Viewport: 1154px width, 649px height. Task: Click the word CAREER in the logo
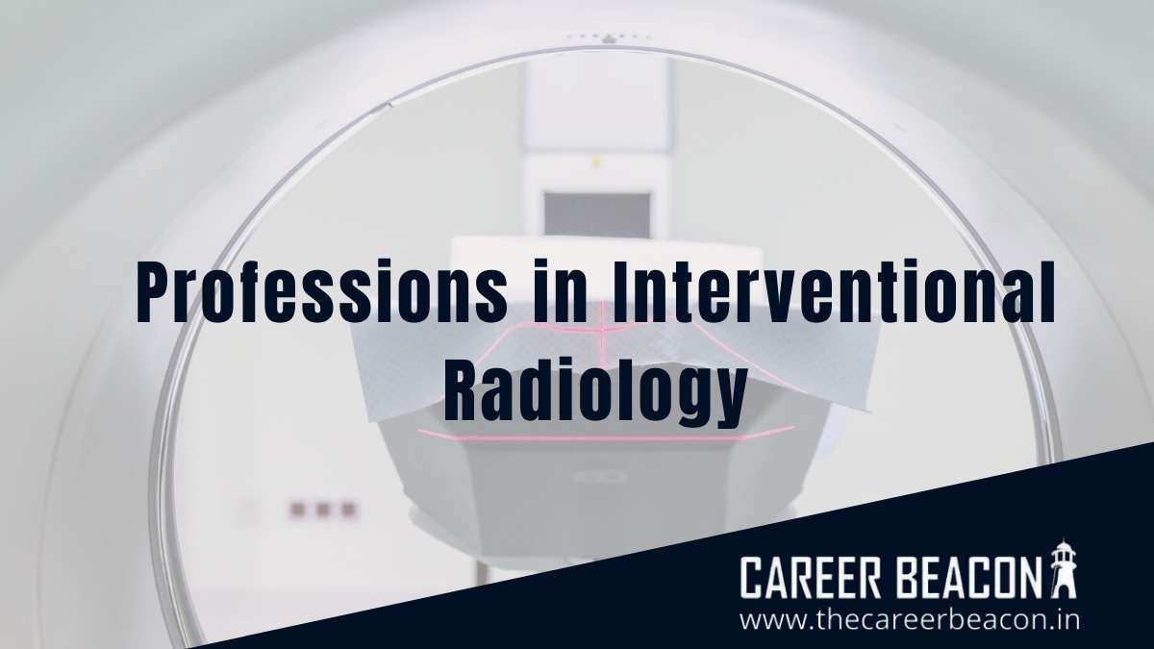click(812, 579)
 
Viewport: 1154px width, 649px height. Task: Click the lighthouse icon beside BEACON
click(1062, 575)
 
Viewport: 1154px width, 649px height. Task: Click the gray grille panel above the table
click(597, 213)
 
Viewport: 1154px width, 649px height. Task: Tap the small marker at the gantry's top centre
click(607, 38)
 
